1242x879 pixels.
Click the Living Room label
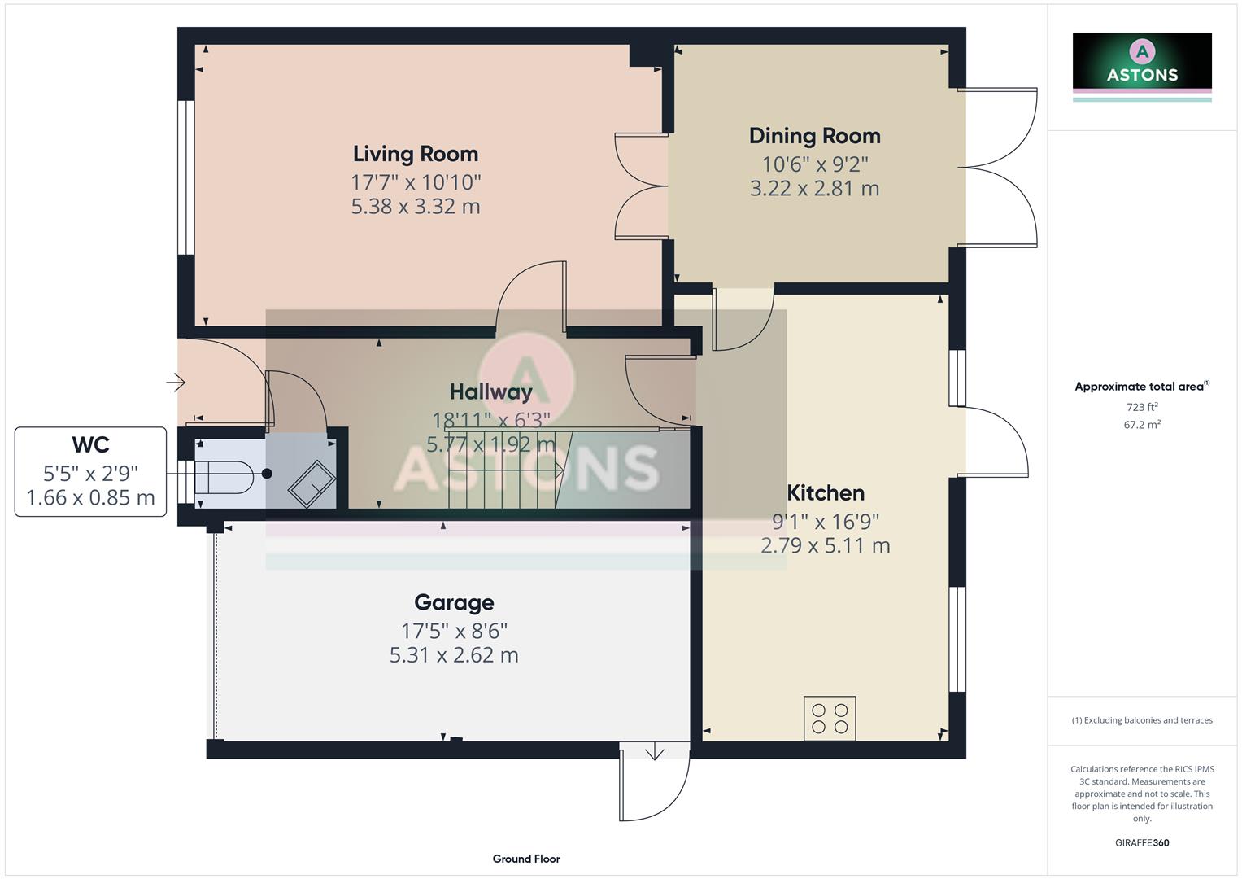point(415,154)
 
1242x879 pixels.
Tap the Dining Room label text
point(814,136)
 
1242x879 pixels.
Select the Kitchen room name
point(825,492)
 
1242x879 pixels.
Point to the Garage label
point(454,602)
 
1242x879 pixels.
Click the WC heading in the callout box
point(90,444)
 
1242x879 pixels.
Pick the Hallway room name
point(490,391)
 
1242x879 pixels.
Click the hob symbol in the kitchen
point(829,718)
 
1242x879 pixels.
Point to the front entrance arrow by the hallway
point(176,382)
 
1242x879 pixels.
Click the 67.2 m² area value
point(1142,425)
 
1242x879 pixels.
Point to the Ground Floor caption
point(526,859)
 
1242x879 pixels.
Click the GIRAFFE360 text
point(1142,842)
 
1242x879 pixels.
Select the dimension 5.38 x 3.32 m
point(415,207)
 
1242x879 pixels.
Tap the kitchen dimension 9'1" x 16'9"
point(825,521)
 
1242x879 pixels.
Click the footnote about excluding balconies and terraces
point(1142,720)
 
